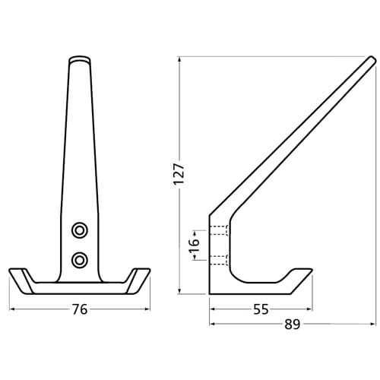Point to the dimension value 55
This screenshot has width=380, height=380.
(261, 309)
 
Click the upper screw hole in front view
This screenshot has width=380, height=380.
(79, 230)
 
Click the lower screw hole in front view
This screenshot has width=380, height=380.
(79, 260)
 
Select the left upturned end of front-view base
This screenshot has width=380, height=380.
(18, 278)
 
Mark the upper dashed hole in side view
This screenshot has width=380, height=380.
(219, 230)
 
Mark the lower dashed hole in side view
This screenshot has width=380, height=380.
(219, 260)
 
